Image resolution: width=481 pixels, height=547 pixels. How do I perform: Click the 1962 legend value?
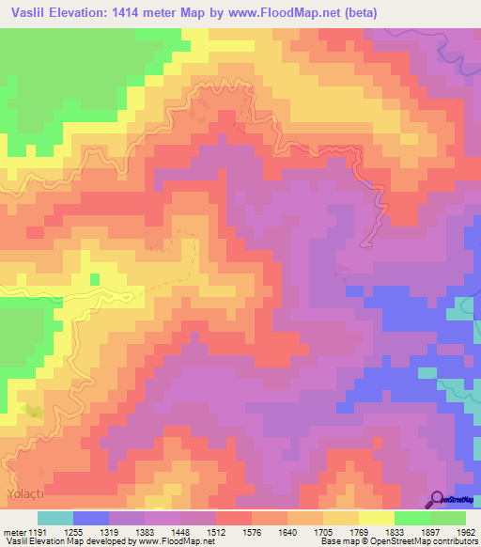click(x=453, y=531)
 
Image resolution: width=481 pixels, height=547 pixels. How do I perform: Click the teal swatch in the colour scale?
click(x=55, y=518)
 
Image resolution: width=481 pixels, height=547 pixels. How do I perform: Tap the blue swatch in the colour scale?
click(x=91, y=518)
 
